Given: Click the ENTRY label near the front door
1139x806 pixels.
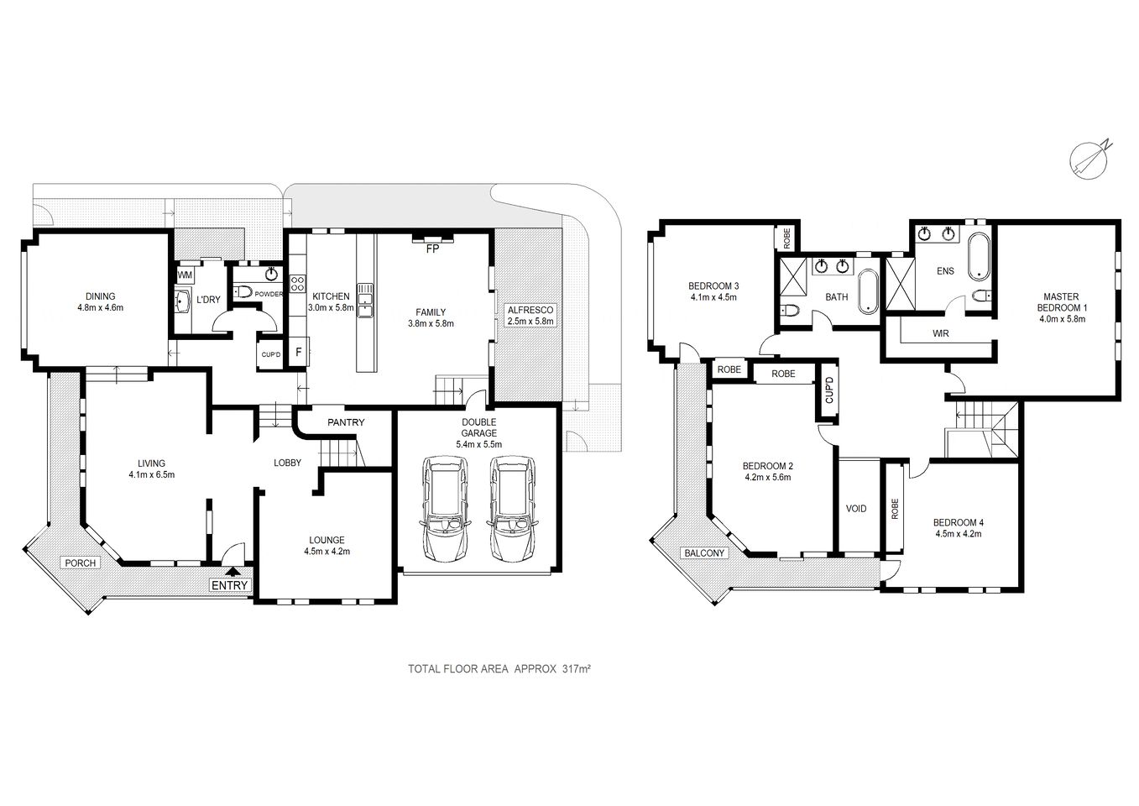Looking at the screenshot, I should point(229,585).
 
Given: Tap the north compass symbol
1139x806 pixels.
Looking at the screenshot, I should point(1089,159).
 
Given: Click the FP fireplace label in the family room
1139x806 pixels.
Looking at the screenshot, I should point(433,249).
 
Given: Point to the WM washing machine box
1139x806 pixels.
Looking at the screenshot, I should point(184,275).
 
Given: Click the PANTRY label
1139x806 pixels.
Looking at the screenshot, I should point(346,422).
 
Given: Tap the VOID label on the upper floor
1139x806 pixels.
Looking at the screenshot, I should point(855,509).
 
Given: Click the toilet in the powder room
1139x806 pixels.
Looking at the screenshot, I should point(243,292).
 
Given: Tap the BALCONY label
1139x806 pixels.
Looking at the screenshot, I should point(704,553).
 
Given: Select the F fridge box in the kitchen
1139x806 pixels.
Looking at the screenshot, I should point(298,352).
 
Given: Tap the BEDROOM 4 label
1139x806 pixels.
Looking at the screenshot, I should point(958,522).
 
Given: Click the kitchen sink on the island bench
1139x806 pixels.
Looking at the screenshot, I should point(365,301).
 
